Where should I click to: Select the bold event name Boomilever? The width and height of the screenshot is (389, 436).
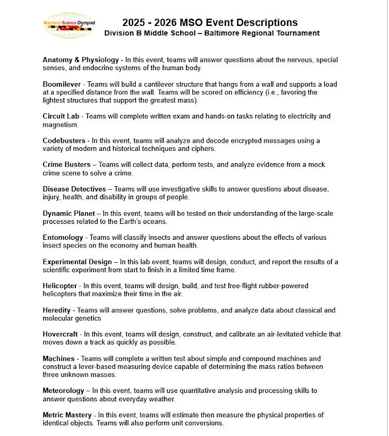[62, 84]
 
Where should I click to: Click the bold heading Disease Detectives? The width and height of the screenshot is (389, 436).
[74, 189]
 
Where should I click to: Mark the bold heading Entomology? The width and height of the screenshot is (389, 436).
[63, 237]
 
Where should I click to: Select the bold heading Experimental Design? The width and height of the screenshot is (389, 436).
[77, 262]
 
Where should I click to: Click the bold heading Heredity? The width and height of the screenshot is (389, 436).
[56, 310]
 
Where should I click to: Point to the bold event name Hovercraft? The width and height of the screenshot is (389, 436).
[62, 334]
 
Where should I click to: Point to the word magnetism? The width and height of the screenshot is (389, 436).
[62, 125]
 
